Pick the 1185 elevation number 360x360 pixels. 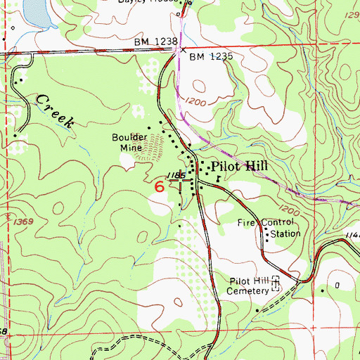click(x=176, y=174)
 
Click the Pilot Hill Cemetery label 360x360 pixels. click(x=251, y=285)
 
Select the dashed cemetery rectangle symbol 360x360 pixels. click(x=276, y=285)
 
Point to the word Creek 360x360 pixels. click(x=58, y=111)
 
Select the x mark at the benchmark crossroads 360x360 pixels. click(x=183, y=50)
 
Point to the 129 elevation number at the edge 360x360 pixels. click(x=349, y=15)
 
